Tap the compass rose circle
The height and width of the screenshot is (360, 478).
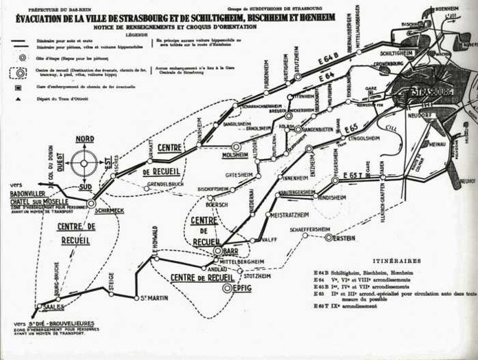click(84, 163)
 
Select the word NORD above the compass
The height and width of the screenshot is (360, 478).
click(85, 138)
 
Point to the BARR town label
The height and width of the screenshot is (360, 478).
click(230, 252)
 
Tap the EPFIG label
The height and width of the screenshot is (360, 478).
click(242, 288)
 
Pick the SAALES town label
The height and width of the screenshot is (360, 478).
click(54, 308)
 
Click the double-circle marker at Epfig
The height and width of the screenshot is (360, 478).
click(228, 288)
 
